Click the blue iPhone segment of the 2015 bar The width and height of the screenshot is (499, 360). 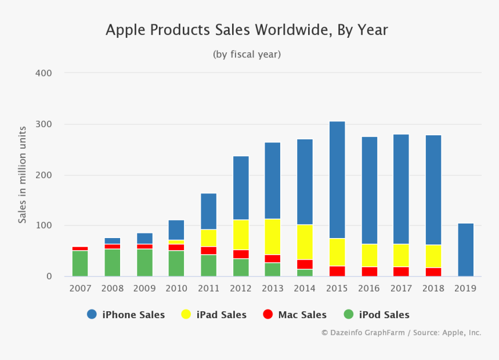(337, 180)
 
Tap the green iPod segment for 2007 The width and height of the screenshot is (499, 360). (80, 264)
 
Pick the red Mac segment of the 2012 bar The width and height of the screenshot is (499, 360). (240, 254)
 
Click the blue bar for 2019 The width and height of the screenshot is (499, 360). (466, 250)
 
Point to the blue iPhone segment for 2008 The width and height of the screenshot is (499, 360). (113, 241)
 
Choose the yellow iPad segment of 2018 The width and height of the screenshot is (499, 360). (433, 256)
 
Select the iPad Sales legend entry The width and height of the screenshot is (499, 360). (214, 315)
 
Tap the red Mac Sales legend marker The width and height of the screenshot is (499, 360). (267, 315)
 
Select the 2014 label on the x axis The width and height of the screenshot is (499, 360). (305, 289)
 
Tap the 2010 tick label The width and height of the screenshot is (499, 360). (176, 289)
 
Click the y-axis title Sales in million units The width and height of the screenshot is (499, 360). (22, 174)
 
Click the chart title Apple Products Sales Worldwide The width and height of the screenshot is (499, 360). (247, 30)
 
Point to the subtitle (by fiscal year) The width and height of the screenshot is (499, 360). (247, 54)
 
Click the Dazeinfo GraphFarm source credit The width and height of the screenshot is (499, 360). (401, 333)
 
